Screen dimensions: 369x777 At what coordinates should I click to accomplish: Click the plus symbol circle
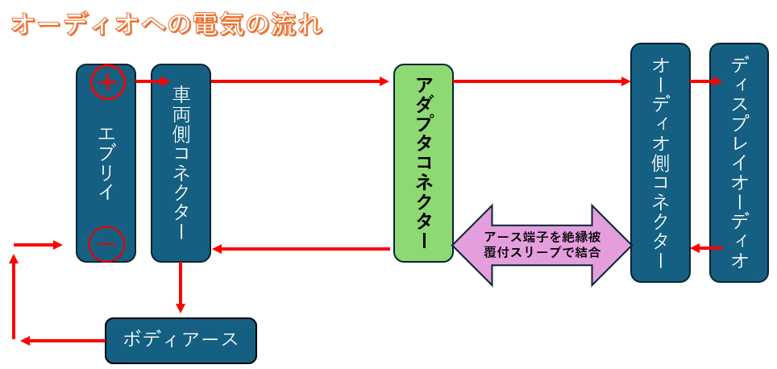tap(108, 82)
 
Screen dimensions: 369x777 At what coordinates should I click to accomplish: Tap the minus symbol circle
tap(106, 243)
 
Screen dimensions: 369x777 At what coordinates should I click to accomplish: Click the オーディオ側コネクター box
tap(660, 161)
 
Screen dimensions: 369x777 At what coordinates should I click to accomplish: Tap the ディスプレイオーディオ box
tap(739, 161)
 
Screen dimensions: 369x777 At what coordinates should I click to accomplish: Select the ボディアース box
tap(181, 339)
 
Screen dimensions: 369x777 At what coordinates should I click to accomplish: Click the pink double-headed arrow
tap(542, 245)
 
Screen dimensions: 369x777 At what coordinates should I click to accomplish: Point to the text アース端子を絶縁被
tap(542, 237)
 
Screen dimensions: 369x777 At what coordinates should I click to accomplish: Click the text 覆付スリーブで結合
tap(542, 253)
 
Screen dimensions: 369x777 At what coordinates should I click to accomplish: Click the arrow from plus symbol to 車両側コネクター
tap(152, 81)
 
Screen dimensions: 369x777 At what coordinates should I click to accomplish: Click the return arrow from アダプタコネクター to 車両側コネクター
tap(302, 249)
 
